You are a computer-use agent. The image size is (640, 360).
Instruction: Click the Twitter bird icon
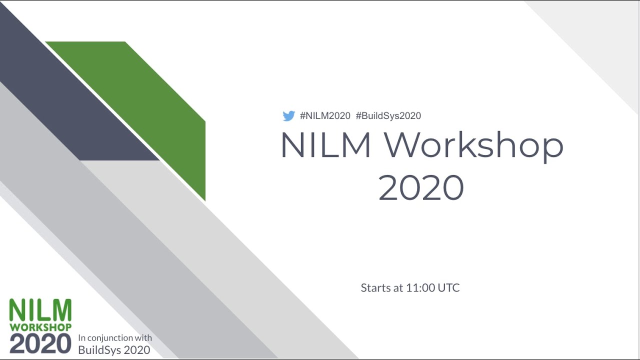point(288,116)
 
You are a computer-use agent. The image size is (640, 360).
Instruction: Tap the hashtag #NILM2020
point(325,116)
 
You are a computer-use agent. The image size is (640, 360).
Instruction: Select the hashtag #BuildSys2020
point(388,116)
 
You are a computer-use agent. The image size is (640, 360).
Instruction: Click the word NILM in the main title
point(325,145)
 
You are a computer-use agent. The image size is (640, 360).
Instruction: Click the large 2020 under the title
point(421,187)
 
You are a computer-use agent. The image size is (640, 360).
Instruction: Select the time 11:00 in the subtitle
point(420,288)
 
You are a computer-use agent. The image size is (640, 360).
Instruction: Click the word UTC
point(448,288)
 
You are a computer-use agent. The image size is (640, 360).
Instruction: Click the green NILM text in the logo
point(40,310)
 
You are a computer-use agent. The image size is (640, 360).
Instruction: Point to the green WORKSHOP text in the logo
point(40,327)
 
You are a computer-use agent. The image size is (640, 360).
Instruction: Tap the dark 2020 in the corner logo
point(40,343)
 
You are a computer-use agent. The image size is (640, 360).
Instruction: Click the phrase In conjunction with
point(115,338)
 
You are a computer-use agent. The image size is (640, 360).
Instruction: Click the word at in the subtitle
point(398,288)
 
